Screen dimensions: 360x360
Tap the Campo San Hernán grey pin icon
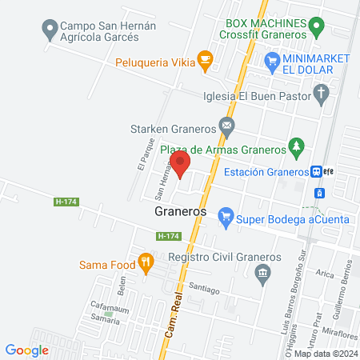tap(50, 30)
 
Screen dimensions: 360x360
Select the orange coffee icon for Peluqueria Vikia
tap(205, 58)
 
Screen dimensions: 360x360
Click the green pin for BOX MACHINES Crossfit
tap(317, 30)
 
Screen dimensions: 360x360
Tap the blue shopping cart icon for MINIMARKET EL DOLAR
tap(273, 59)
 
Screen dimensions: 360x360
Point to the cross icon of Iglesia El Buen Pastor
tap(322, 96)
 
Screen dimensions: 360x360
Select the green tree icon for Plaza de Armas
tap(297, 147)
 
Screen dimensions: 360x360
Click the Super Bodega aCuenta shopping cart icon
tap(226, 214)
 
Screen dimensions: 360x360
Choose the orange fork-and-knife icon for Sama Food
tap(145, 262)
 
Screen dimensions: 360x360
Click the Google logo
tap(27, 350)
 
